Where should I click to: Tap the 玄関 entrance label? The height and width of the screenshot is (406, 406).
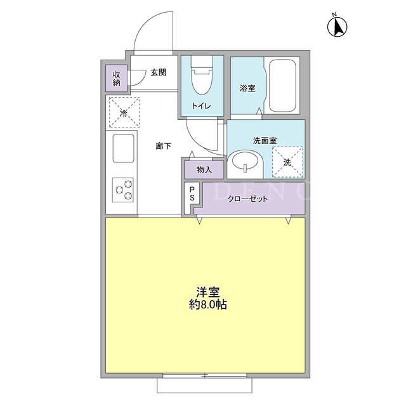pyautogui.click(x=158, y=72)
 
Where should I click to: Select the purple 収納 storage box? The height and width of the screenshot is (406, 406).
pyautogui.click(x=116, y=79)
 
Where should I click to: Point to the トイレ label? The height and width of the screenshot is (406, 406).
pyautogui.click(x=202, y=106)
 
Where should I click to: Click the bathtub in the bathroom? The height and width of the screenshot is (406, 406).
pyautogui.click(x=282, y=86)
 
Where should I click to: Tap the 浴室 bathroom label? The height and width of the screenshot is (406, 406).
pyautogui.click(x=247, y=88)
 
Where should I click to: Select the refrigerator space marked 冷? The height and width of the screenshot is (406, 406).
pyautogui.click(x=124, y=112)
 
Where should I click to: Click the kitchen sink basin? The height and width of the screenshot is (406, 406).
pyautogui.click(x=123, y=148)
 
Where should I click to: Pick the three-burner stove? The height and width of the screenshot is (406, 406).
pyautogui.click(x=122, y=190)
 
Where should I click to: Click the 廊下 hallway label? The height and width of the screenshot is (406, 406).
pyautogui.click(x=163, y=146)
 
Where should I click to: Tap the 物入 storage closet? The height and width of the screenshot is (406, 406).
pyautogui.click(x=204, y=170)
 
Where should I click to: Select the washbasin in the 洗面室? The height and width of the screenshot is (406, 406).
pyautogui.click(x=245, y=162)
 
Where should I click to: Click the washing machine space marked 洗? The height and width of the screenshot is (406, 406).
pyautogui.click(x=287, y=162)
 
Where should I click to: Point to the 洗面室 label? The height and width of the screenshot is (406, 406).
pyautogui.click(x=265, y=141)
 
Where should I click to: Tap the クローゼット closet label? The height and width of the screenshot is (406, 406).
pyautogui.click(x=248, y=199)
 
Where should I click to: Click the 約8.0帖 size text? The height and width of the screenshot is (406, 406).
pyautogui.click(x=208, y=304)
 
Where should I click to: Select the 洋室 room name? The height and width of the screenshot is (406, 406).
pyautogui.click(x=208, y=292)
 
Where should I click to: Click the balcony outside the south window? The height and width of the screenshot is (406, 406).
pyautogui.click(x=204, y=385)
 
